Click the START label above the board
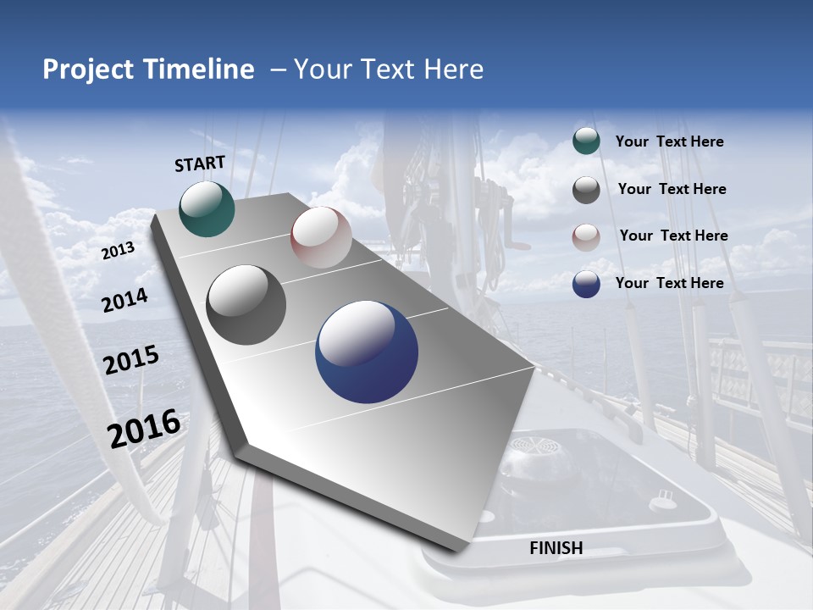click(x=200, y=164)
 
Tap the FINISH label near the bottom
click(x=556, y=548)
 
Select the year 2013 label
click(x=119, y=250)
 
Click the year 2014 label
click(x=125, y=300)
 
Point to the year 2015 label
click(x=131, y=360)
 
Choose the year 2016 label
click(x=144, y=428)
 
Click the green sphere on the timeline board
click(x=207, y=208)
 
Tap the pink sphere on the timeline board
click(x=321, y=237)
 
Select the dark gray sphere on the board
click(x=246, y=305)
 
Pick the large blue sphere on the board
click(x=367, y=352)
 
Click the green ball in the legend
click(x=586, y=141)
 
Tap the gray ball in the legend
click(x=586, y=190)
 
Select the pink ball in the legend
click(x=586, y=237)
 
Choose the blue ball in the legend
click(x=586, y=284)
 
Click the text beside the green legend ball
click(x=669, y=141)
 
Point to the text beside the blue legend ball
click(x=669, y=283)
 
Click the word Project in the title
click(x=88, y=69)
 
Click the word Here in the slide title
click(x=452, y=69)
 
